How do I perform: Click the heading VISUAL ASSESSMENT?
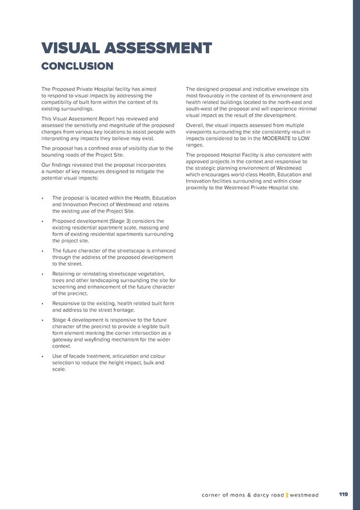(127, 48)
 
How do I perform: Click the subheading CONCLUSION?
(77, 66)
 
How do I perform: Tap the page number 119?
(343, 495)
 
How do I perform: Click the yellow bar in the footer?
(287, 495)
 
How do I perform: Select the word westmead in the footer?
(305, 495)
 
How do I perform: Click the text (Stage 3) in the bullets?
(120, 221)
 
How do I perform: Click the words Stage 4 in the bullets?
(63, 320)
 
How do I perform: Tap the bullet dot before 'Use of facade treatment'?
(42, 357)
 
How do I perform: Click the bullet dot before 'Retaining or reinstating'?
(42, 274)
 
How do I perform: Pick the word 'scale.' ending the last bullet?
(59, 370)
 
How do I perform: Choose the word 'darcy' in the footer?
(255, 495)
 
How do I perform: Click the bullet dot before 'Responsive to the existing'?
(42, 304)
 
